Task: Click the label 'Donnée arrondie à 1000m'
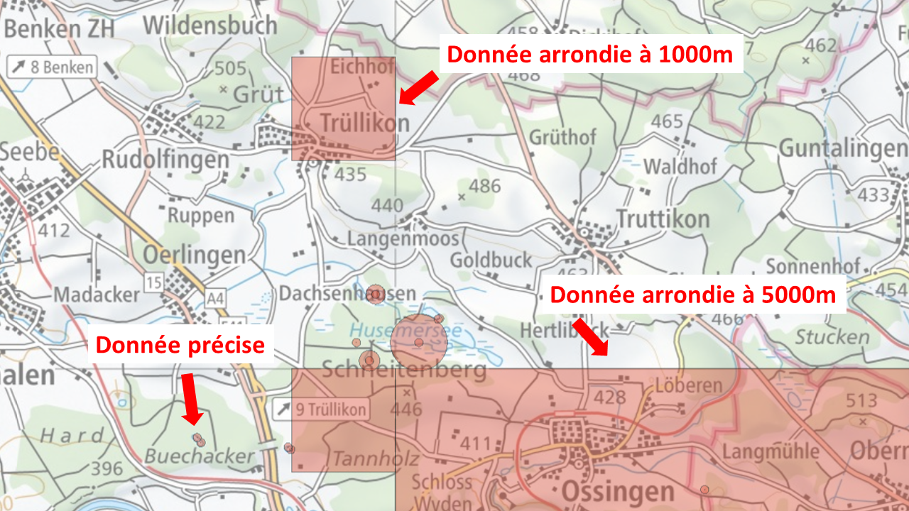(590, 54)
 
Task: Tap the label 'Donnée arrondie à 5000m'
(693, 295)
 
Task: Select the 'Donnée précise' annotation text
(180, 346)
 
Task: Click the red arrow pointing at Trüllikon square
(418, 87)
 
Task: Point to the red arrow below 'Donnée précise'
(190, 399)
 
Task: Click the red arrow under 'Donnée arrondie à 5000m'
(591, 336)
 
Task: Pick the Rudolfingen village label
(165, 159)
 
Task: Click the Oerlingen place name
(194, 255)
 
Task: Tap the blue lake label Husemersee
(405, 330)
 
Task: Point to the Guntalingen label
(843, 148)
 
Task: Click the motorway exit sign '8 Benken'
(53, 67)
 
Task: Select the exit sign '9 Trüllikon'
(322, 410)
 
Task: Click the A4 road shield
(215, 300)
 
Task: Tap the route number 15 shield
(153, 281)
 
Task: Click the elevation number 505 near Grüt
(230, 69)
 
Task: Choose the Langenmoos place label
(403, 238)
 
